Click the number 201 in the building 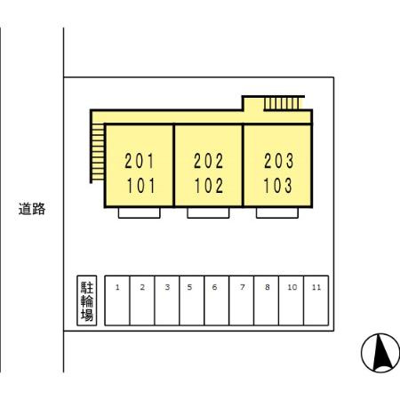pos(140,161)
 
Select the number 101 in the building pos(140,186)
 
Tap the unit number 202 pos(209,161)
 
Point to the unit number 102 pos(209,186)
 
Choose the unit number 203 pos(279,161)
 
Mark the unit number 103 pos(278,186)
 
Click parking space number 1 pos(117,300)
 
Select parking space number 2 pos(142,300)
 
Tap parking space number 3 pos(167,300)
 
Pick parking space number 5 pos(192,300)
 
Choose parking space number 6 pos(217,300)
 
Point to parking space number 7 pos(242,300)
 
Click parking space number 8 pos(267,300)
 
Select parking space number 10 pos(292,300)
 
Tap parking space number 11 pos(316,300)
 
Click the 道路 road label pos(32,209)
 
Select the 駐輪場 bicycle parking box pos(87,300)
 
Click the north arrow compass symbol pos(380,353)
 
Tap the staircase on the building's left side pos(98,152)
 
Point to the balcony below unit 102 pos(208,212)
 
